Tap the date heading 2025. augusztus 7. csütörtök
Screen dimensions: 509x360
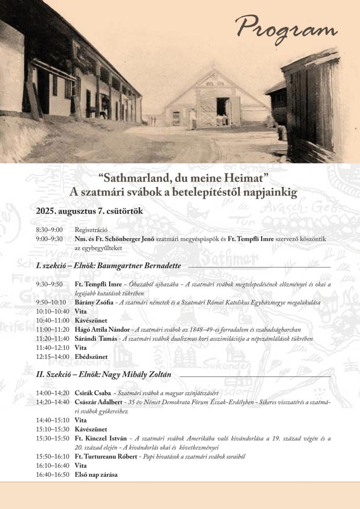[x=89, y=211]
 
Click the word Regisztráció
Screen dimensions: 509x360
[x=91, y=230]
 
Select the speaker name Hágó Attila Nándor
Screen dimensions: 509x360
[x=102, y=329]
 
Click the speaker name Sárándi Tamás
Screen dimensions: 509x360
[x=96, y=339]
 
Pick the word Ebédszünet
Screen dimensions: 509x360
[x=91, y=357]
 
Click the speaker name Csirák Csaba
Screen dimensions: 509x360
[x=93, y=393]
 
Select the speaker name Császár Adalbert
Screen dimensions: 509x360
[x=99, y=402]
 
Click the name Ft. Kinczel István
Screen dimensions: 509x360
[x=100, y=438]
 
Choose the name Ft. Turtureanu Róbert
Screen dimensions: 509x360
[x=106, y=456]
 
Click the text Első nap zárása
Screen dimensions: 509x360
[x=96, y=474]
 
